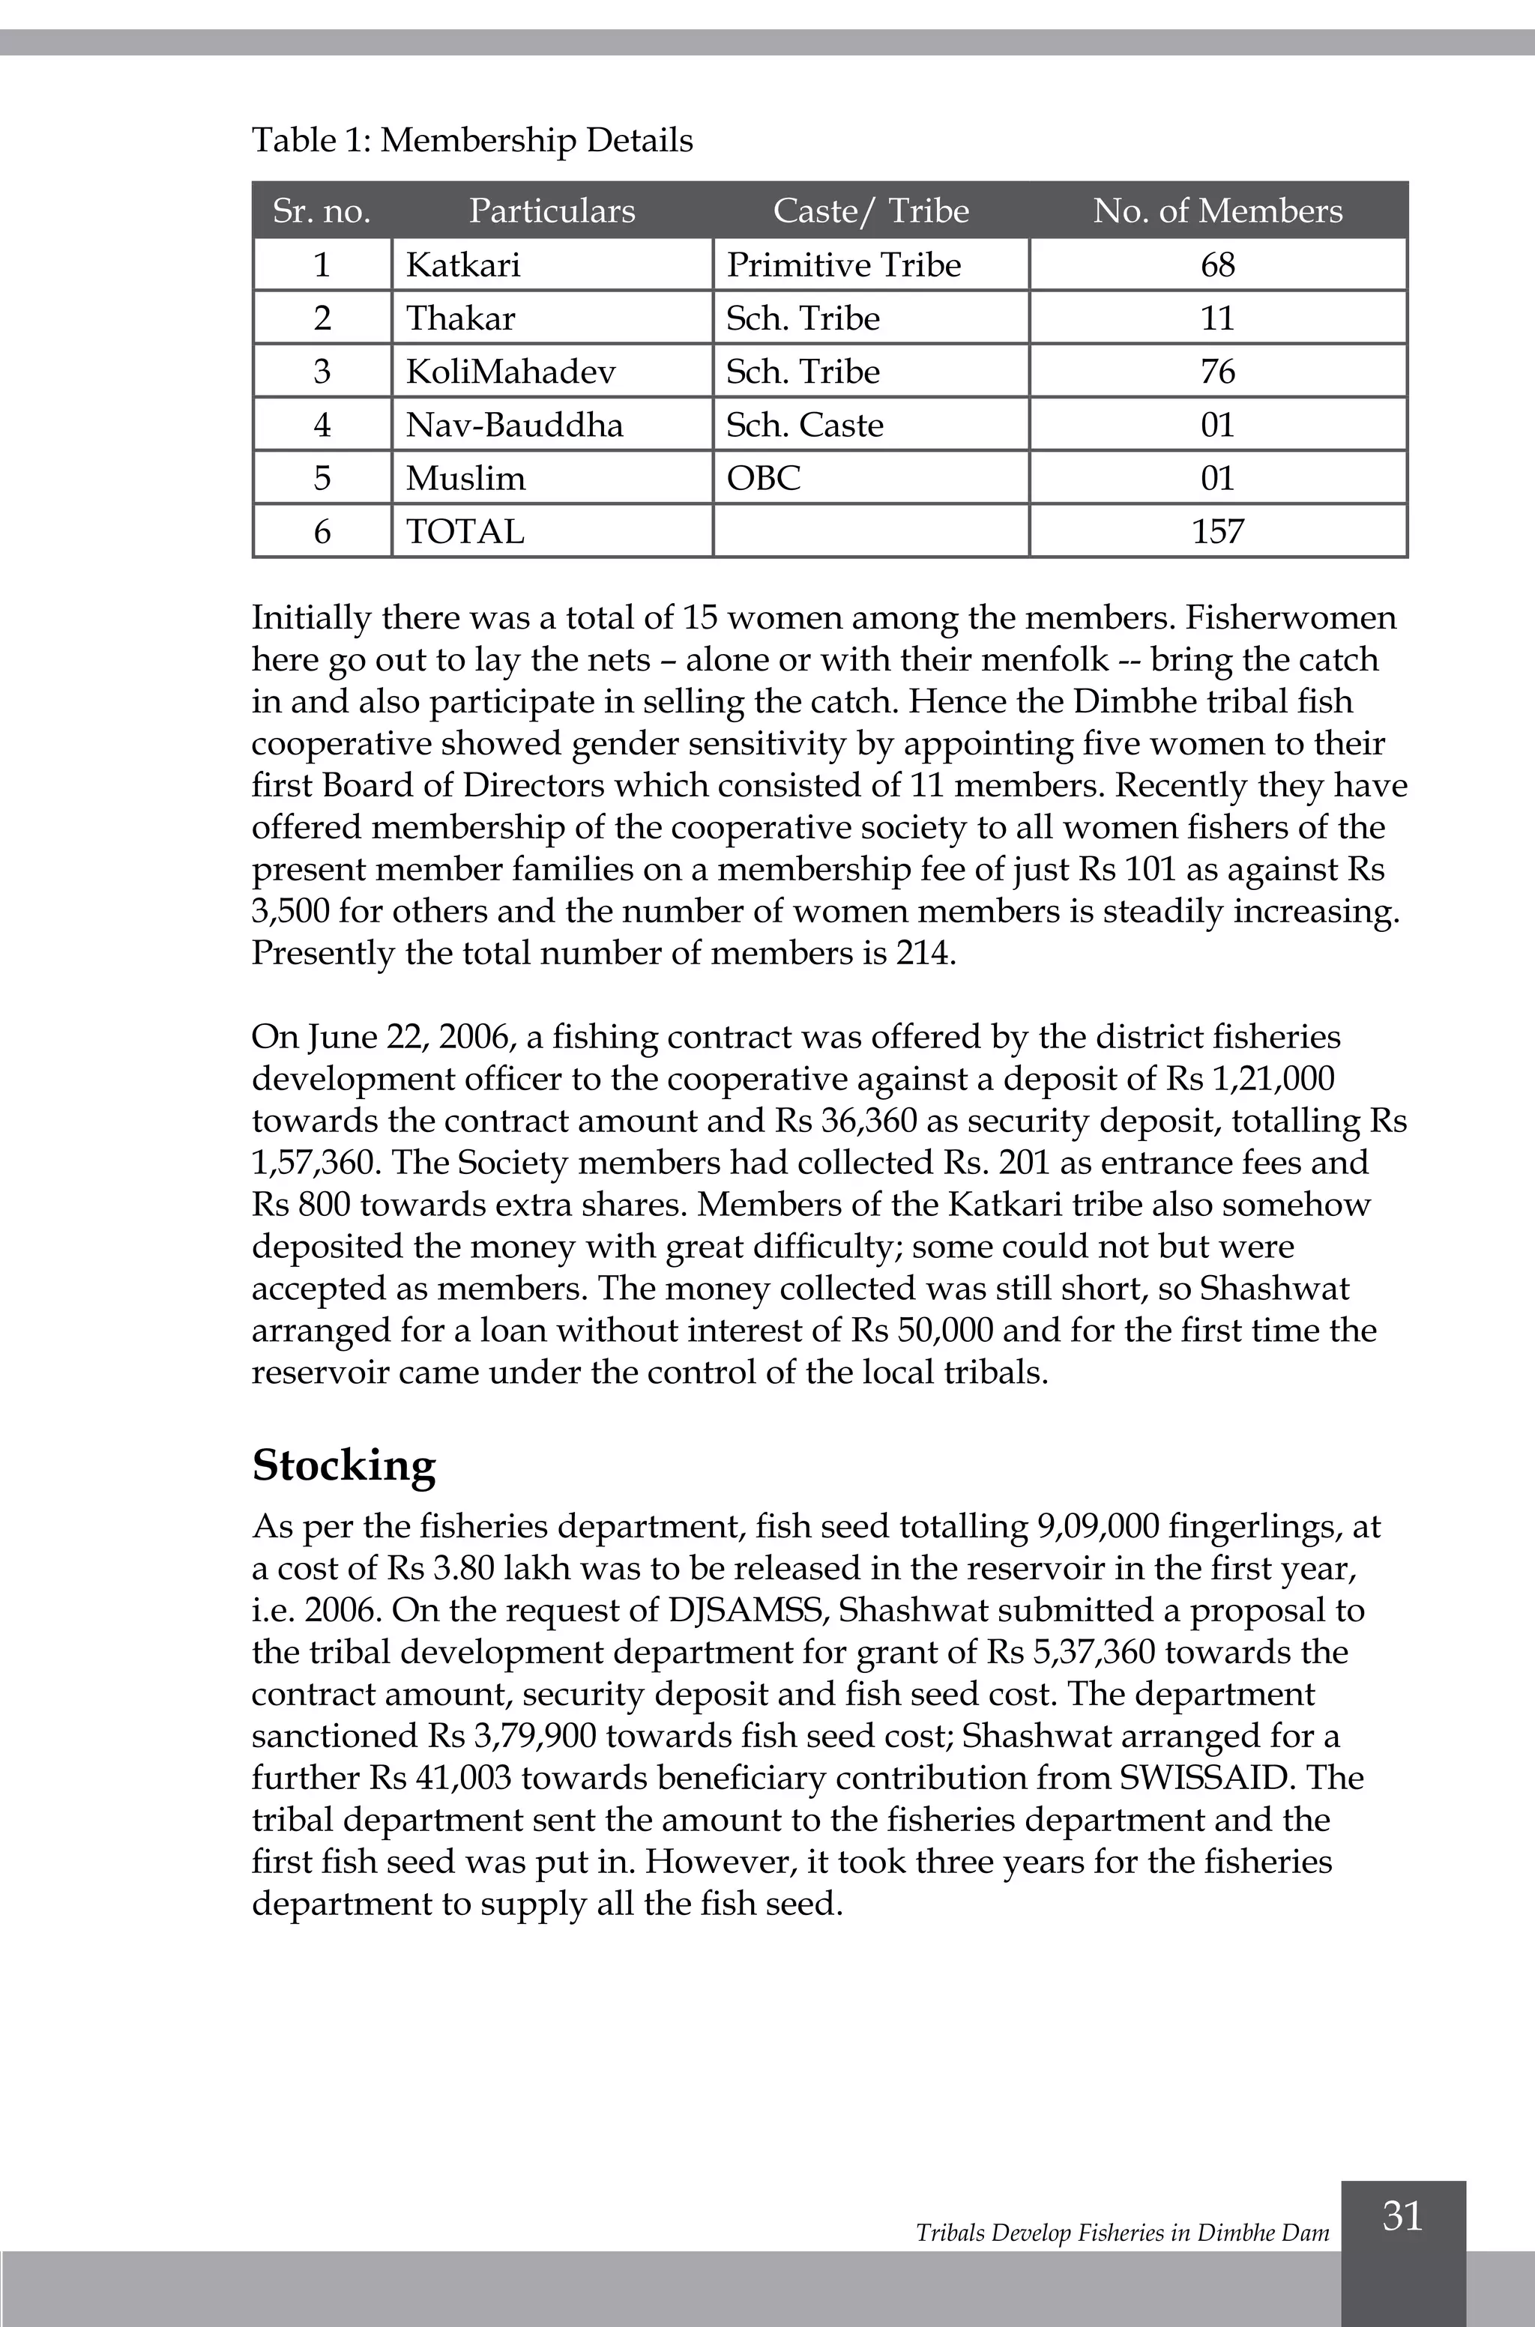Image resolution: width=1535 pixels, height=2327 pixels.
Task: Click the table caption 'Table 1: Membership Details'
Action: (472, 140)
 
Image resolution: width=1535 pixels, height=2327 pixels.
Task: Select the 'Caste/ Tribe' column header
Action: (870, 211)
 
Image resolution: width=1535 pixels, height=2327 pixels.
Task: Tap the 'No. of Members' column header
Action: (1217, 211)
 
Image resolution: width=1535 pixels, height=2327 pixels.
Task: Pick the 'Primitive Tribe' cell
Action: (843, 264)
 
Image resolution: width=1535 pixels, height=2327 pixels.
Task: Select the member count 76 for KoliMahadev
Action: (1217, 371)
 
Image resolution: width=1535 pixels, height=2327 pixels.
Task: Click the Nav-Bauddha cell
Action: (514, 425)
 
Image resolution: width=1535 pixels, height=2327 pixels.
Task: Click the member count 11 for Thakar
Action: (1217, 318)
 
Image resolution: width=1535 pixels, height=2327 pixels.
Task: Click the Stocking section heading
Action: (343, 1466)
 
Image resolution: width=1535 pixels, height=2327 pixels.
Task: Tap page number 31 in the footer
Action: (1402, 2215)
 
